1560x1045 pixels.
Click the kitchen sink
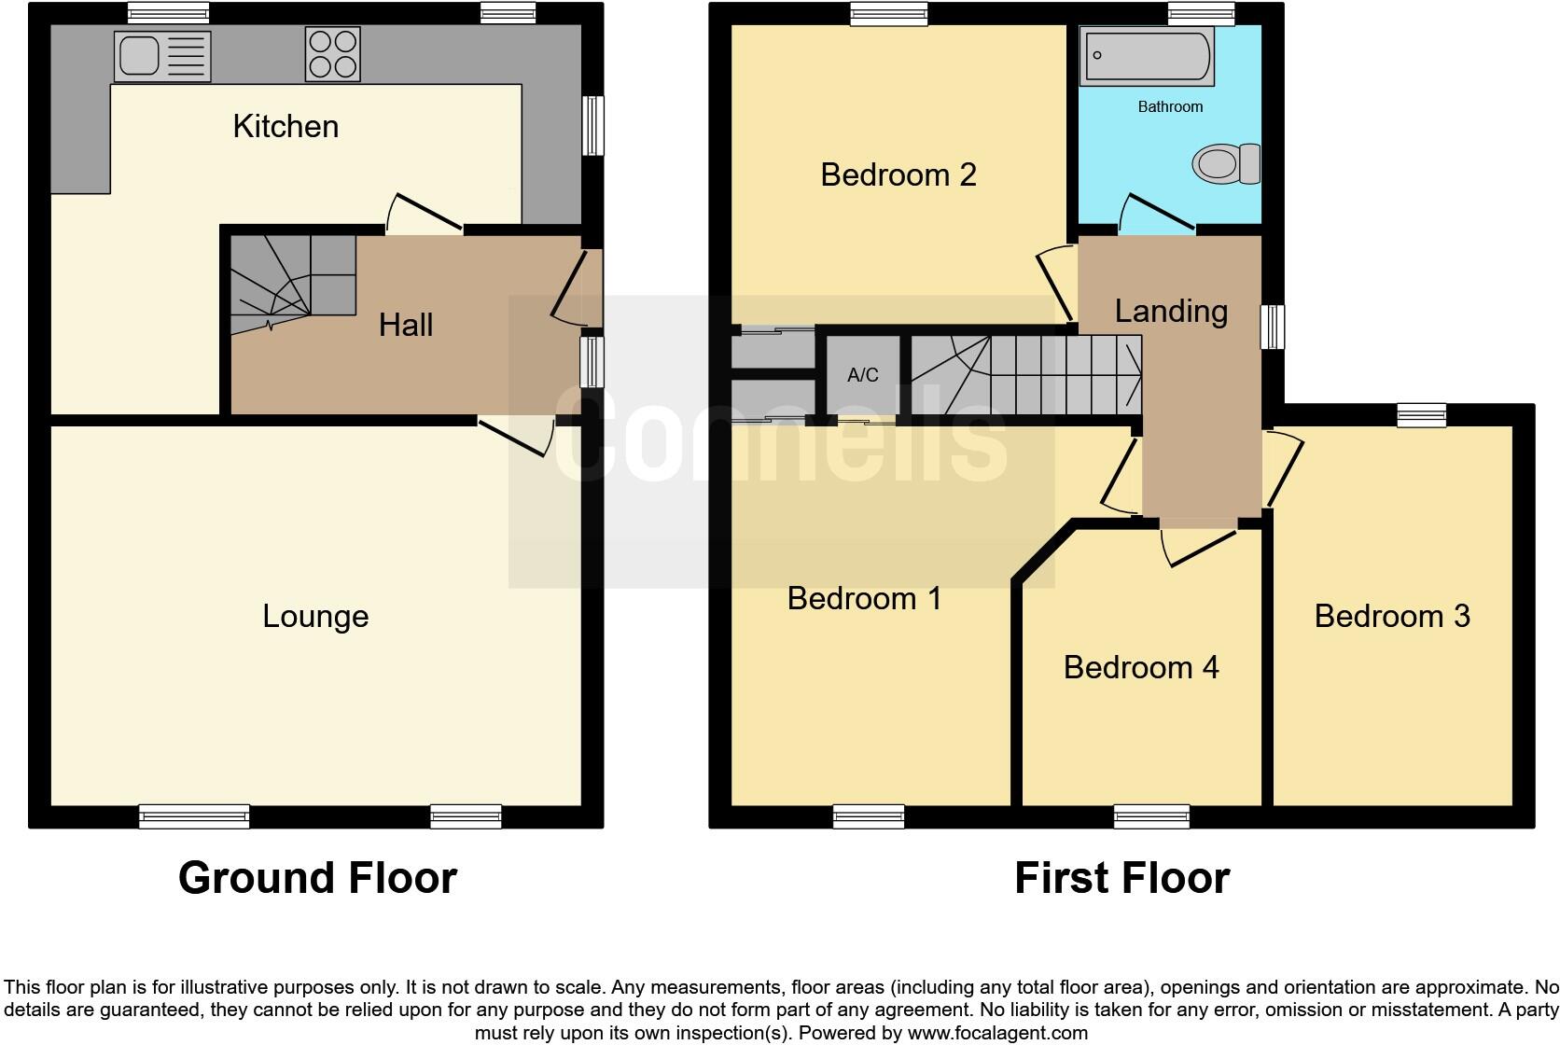pyautogui.click(x=161, y=55)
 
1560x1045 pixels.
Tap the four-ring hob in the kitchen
pyautogui.click(x=332, y=54)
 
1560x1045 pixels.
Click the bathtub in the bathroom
pyautogui.click(x=1147, y=55)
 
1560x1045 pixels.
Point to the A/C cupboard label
pyautogui.click(x=863, y=375)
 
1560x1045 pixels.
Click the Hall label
pyautogui.click(x=406, y=325)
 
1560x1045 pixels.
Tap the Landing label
pyautogui.click(x=1171, y=311)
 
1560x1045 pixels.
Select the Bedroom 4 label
pyautogui.click(x=1140, y=667)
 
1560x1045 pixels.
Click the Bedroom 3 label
pyautogui.click(x=1391, y=616)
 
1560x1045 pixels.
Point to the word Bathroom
pyautogui.click(x=1170, y=106)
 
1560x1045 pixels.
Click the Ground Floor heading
pyautogui.click(x=317, y=878)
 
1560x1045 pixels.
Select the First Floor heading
pyautogui.click(x=1121, y=878)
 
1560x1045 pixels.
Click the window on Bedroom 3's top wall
pyautogui.click(x=1421, y=415)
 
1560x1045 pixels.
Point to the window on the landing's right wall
pyautogui.click(x=1273, y=327)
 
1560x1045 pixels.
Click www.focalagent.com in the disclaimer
pyautogui.click(x=996, y=1033)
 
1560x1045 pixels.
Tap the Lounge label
pyautogui.click(x=315, y=616)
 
